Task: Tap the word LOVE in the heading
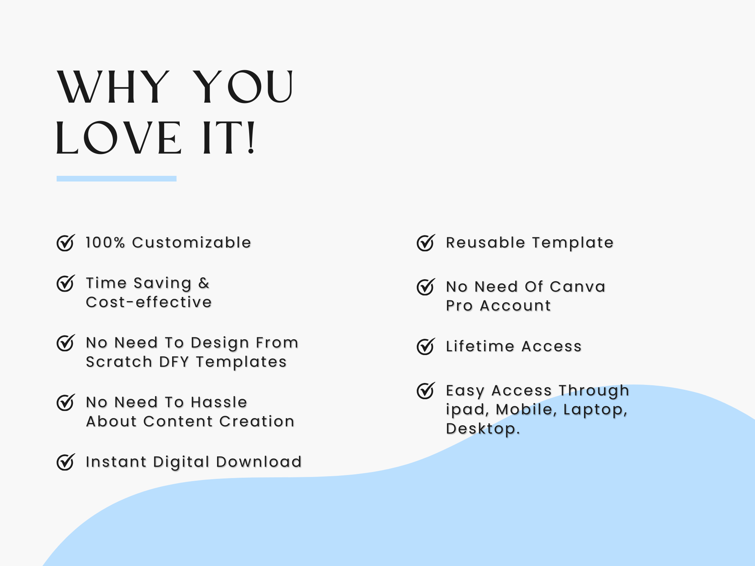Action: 119,138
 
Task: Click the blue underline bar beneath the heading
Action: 117,178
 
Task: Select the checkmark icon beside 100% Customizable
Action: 66,242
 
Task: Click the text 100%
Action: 105,243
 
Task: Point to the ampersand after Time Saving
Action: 204,283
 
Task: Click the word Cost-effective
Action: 149,302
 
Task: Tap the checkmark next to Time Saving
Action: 66,283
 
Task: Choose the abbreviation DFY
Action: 174,362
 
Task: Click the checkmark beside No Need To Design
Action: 66,343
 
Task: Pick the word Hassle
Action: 219,402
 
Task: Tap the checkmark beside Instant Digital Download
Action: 66,462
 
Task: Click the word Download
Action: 259,462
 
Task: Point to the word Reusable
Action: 485,243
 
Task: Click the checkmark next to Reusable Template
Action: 426,242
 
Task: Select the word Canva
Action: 578,287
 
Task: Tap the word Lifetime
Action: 480,346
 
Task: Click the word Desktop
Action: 483,429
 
